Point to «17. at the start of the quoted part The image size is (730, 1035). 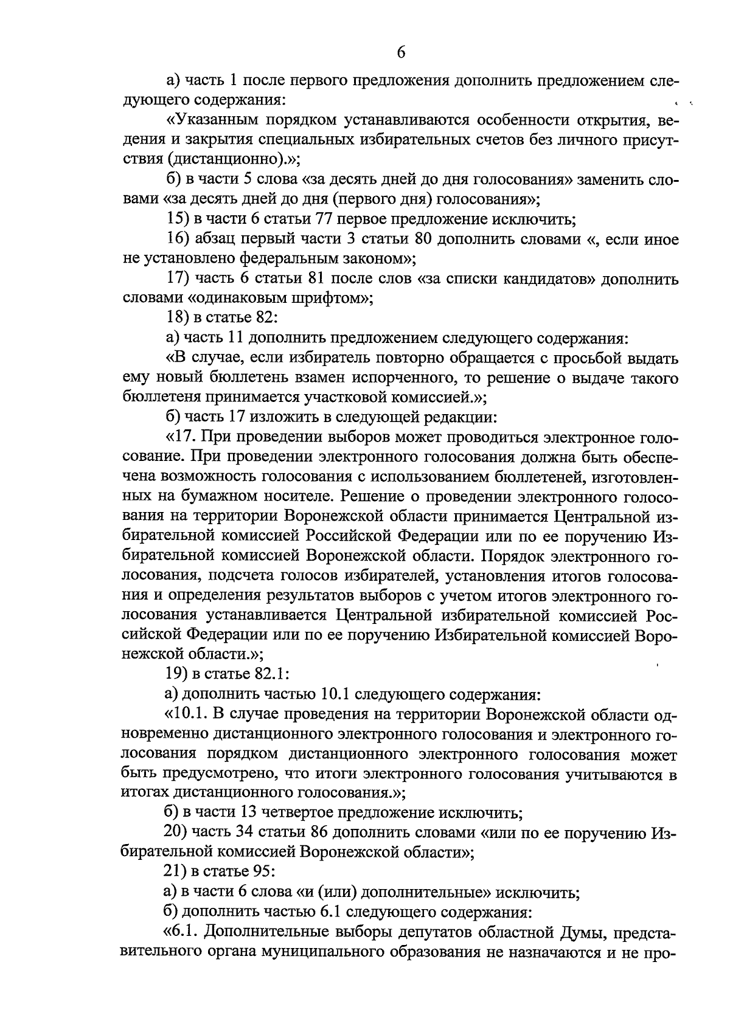pyautogui.click(x=180, y=437)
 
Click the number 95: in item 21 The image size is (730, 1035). pyautogui.click(x=263, y=872)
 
